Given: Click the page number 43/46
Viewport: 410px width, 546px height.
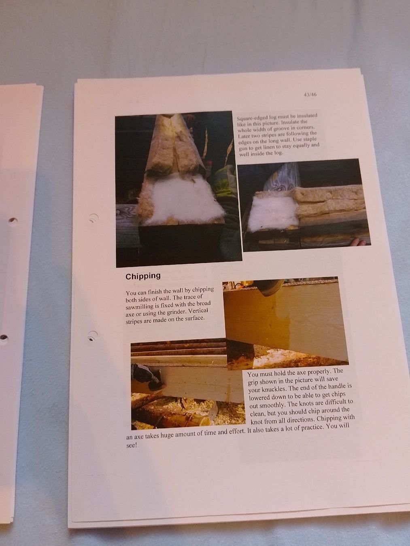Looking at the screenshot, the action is point(310,95).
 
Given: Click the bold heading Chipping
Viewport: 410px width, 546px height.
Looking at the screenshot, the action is point(143,276).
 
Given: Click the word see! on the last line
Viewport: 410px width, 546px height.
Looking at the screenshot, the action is point(132,445).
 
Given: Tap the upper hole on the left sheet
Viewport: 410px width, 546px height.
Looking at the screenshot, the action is point(13,220).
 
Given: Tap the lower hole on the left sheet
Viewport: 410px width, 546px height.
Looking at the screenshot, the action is point(4,338).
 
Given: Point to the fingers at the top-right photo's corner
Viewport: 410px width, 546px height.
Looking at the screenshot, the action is point(359,242).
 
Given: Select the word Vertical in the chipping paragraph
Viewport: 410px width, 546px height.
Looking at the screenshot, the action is point(198,311).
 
